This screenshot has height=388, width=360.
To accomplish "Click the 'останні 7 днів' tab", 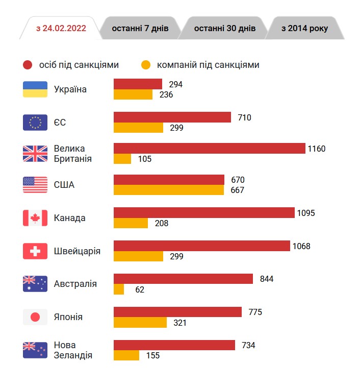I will click(x=140, y=28).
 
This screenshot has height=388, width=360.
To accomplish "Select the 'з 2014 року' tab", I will click(x=304, y=28).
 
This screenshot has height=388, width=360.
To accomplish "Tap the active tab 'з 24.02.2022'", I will click(x=61, y=28).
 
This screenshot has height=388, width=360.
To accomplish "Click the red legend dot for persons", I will click(x=28, y=65).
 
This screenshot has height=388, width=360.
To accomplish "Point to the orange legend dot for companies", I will click(x=146, y=65).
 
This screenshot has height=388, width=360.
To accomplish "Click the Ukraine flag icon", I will click(x=35, y=89).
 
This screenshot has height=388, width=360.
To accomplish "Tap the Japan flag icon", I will click(x=35, y=317).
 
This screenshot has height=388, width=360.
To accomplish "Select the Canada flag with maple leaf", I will click(x=35, y=218).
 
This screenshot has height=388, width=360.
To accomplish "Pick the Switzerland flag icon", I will click(x=35, y=251).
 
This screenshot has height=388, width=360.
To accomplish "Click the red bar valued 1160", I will click(x=209, y=149).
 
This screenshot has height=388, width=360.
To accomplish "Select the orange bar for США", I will click(x=168, y=190).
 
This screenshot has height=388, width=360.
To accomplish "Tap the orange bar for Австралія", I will click(x=119, y=289).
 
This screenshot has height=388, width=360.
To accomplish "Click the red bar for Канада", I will click(x=204, y=212).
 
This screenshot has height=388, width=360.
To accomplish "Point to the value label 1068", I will click(x=301, y=246).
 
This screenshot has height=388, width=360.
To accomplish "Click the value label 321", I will click(x=180, y=323).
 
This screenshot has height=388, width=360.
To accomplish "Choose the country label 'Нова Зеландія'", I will click(x=73, y=350).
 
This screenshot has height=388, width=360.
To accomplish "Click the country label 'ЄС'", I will click(x=60, y=123).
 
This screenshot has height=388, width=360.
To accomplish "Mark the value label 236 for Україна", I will click(x=166, y=95).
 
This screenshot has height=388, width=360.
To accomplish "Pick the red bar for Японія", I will click(x=177, y=312).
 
